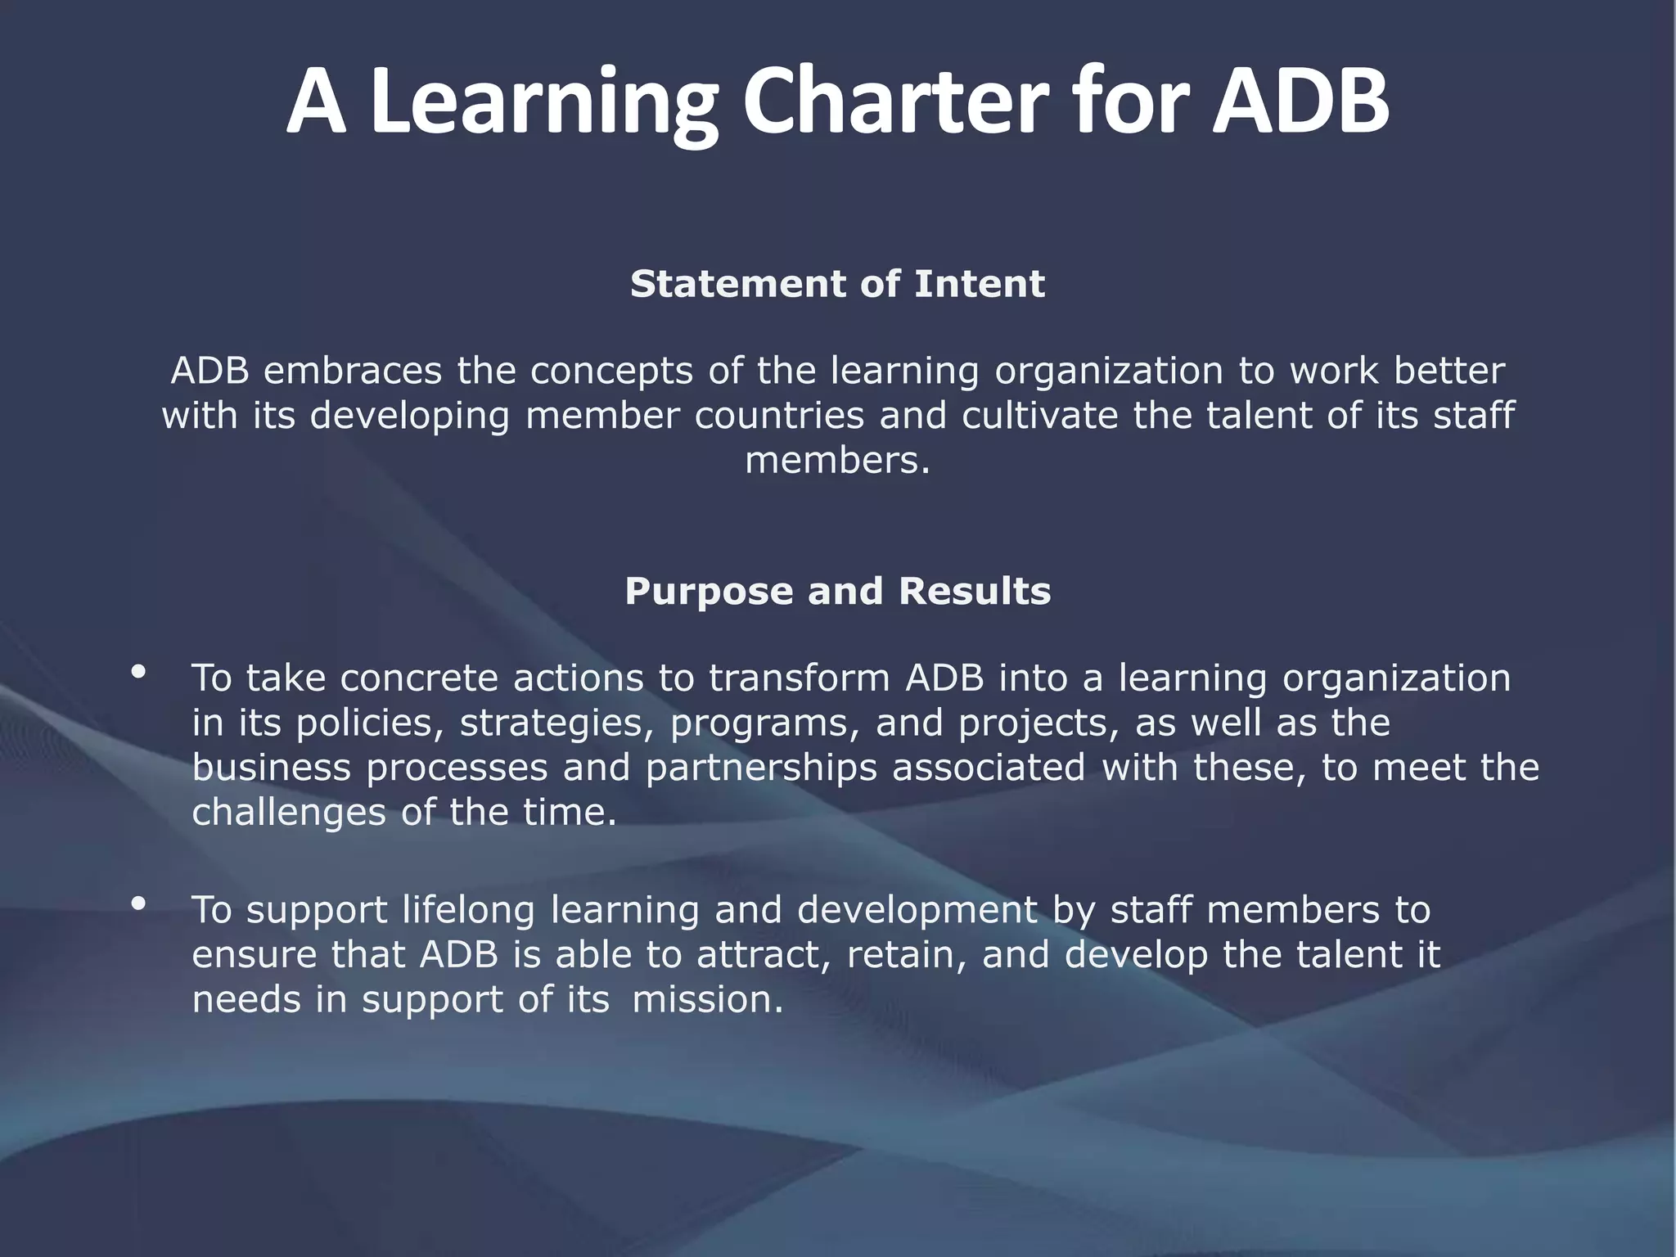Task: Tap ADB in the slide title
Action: pos(1300,102)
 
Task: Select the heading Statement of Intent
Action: pos(837,284)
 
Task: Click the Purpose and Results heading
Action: pos(837,591)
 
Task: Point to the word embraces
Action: pos(352,371)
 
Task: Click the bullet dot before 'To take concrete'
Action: pos(138,672)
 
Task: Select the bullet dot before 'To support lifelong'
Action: pos(138,903)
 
